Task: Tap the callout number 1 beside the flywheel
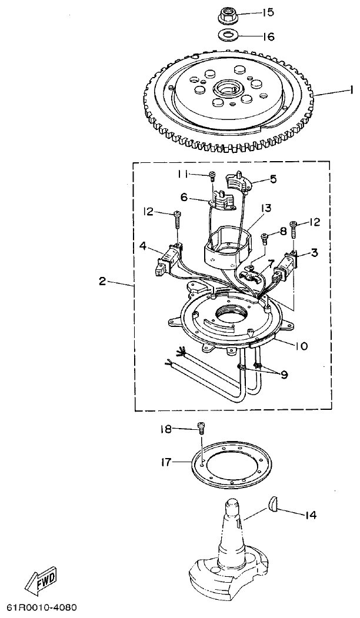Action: pyautogui.click(x=351, y=91)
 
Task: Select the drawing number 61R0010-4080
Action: pyautogui.click(x=42, y=606)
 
